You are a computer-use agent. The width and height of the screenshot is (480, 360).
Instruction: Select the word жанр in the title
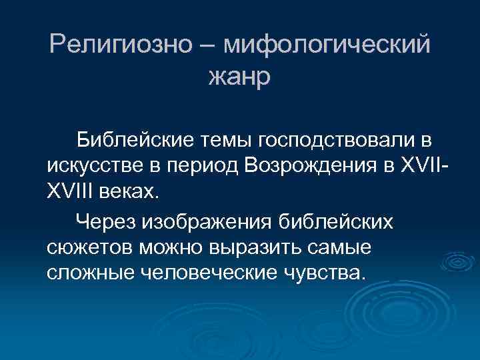tap(239, 76)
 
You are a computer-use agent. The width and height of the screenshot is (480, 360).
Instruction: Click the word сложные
tap(91, 271)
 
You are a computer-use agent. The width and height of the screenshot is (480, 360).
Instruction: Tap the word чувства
tap(331, 271)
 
